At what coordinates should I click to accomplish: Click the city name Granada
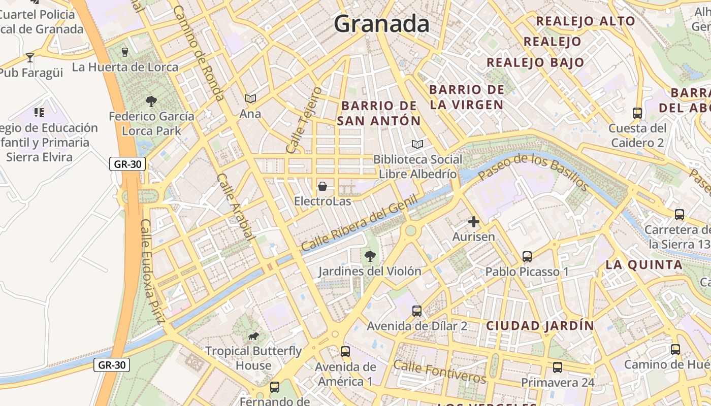point(381,24)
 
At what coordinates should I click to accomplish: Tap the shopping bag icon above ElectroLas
point(322,186)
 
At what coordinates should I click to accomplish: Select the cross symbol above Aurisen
point(474,222)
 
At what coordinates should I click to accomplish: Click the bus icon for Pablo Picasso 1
point(527,257)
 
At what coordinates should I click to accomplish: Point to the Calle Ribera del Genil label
point(359,223)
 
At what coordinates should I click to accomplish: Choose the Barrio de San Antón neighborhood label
point(379,113)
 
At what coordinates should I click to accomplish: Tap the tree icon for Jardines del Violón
point(370,256)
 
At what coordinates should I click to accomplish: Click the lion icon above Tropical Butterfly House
point(253,336)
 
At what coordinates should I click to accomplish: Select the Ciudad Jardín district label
point(540,326)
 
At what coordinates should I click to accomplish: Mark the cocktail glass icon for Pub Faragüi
point(30,58)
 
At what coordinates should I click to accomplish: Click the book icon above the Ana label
point(250,98)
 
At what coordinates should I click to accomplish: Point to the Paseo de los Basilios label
point(533,172)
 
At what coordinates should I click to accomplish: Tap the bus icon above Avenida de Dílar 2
point(417,311)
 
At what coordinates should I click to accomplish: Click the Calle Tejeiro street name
point(304,120)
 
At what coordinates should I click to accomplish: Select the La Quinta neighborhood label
point(644,264)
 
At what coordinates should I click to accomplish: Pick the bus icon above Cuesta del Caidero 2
point(637,113)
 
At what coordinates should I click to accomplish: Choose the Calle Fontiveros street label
point(439,372)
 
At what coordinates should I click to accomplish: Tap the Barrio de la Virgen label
point(467,97)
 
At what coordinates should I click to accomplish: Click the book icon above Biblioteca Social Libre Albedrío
point(417,145)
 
